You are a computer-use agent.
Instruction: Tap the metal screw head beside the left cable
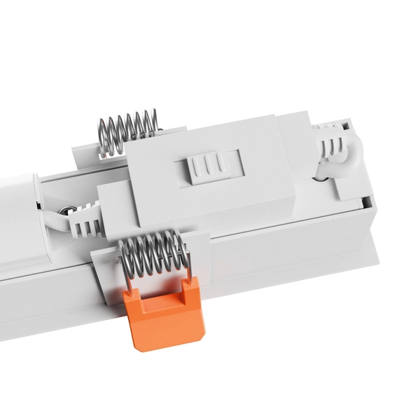[65, 209]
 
